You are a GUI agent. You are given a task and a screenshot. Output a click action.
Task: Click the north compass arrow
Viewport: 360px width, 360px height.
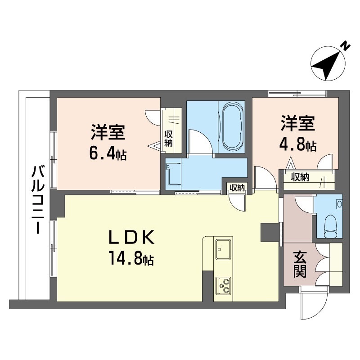[x=327, y=66]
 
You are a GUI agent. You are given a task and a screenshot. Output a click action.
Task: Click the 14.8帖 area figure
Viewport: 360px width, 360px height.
[x=130, y=258]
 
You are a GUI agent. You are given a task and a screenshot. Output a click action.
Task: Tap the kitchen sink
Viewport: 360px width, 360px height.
[x=223, y=250]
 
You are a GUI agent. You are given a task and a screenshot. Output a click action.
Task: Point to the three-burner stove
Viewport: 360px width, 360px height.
[x=223, y=284]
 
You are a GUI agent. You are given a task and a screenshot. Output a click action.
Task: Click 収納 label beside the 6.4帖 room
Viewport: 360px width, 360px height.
[x=168, y=138]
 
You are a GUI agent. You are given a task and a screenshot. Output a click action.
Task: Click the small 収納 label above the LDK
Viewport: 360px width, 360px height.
[x=237, y=188]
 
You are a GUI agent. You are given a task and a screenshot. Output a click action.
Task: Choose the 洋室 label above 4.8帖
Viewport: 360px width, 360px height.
[x=298, y=123]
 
